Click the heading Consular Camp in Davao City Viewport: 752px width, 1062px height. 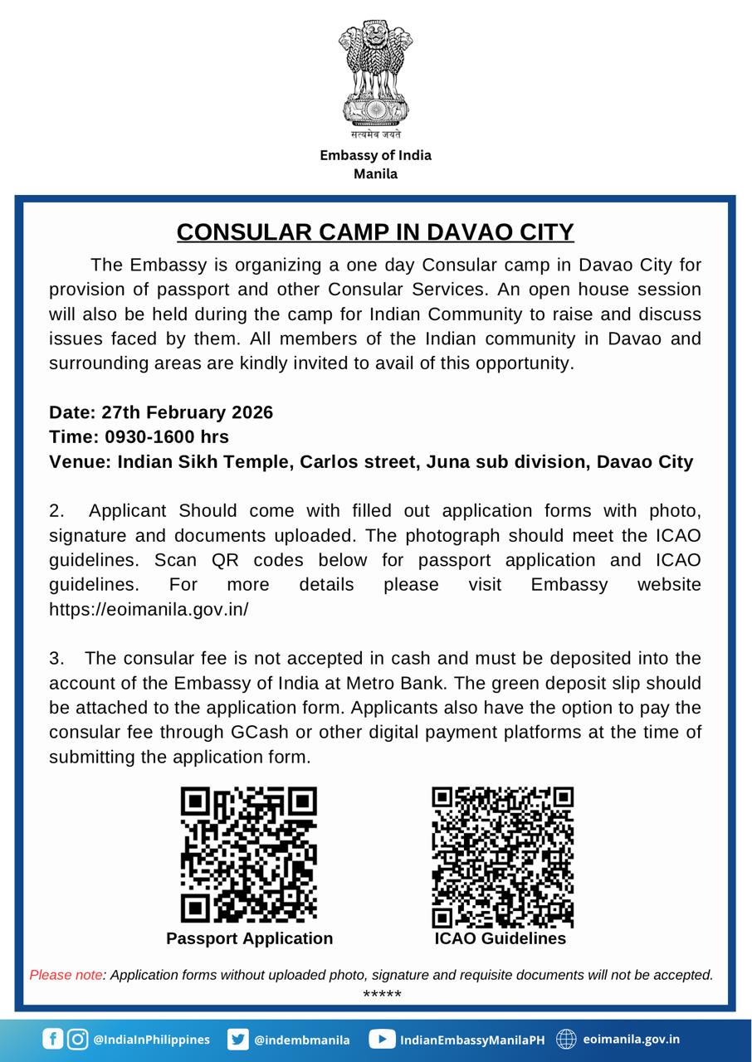pos(375,231)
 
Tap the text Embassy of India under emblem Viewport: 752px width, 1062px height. pos(375,155)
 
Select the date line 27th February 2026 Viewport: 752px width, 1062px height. pos(161,412)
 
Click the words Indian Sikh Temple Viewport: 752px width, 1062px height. pos(202,461)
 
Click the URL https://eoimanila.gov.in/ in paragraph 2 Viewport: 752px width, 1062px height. pos(149,609)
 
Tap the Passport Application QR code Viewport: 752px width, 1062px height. pos(249,855)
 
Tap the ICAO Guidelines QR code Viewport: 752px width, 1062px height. pos(502,857)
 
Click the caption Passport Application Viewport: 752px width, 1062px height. pos(249,938)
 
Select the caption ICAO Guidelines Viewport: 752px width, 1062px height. pos(501,938)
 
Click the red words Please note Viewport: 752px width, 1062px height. pos(66,975)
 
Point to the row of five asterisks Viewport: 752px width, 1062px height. pos(382,995)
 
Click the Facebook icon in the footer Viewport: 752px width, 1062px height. pos(52,1039)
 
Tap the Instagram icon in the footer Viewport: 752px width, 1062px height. pos(77,1039)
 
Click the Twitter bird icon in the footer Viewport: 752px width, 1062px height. pos(238,1039)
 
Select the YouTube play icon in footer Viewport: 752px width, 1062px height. pos(382,1039)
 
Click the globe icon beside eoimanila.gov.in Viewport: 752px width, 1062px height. pos(566,1039)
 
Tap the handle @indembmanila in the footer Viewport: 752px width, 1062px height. pos(301,1040)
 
